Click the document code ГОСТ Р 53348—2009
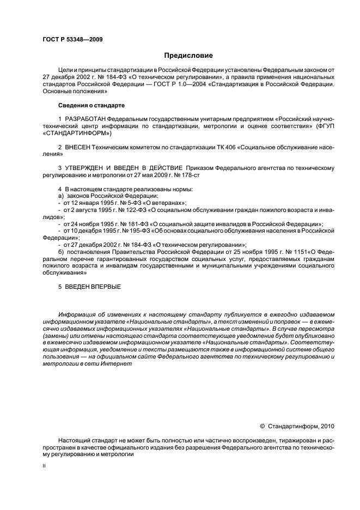click(72, 39)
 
